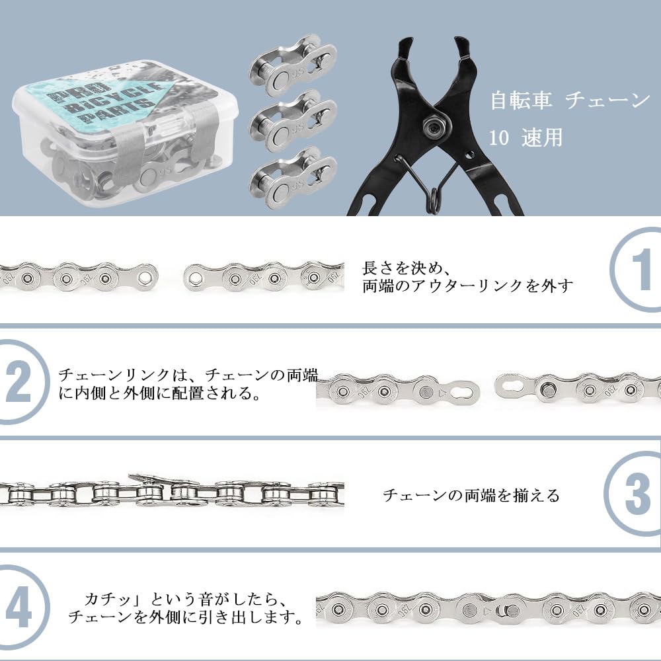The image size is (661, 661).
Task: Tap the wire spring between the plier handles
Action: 433,192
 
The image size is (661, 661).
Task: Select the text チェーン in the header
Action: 608,100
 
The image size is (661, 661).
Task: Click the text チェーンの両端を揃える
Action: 471,495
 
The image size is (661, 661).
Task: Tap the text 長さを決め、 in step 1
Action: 407,269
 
